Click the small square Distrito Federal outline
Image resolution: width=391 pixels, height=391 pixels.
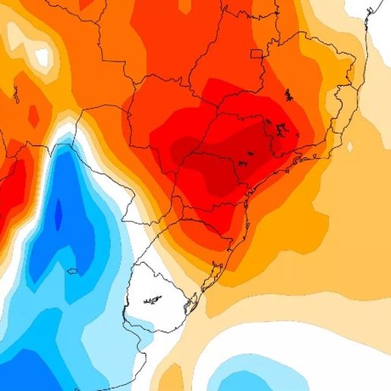point(257,53)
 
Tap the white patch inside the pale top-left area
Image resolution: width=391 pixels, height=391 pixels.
point(42,55)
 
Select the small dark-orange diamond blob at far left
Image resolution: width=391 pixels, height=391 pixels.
point(33,115)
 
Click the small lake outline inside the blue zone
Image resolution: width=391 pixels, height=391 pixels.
point(72,271)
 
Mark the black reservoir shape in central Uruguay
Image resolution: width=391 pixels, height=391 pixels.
point(153,300)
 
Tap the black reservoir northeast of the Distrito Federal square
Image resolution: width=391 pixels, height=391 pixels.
point(289,95)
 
